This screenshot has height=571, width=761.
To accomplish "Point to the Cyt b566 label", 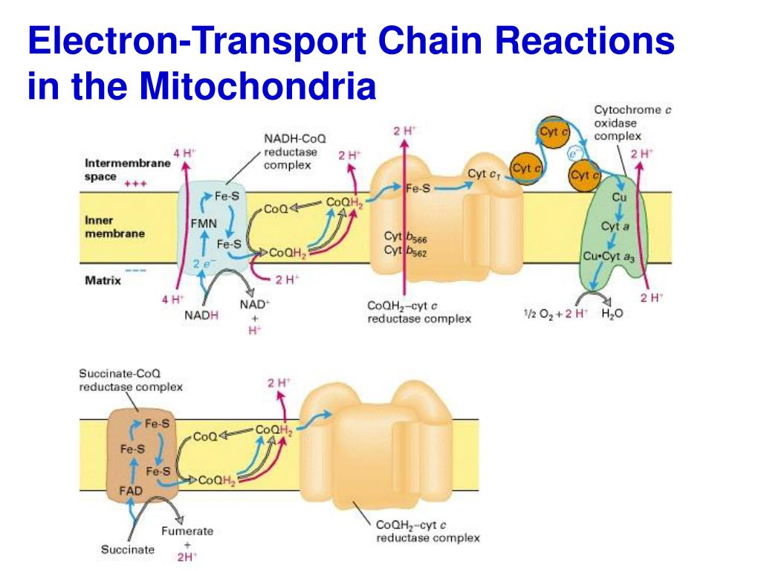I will tap(405, 238).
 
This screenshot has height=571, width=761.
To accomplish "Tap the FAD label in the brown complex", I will tap(131, 491).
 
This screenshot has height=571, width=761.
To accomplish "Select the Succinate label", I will tap(128, 549).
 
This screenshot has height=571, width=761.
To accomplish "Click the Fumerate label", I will tap(187, 531).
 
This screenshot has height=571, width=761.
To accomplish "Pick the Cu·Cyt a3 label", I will tap(608, 257).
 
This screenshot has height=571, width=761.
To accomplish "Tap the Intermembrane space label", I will tap(127, 170).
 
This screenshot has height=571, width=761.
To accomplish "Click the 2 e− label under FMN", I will tap(201, 263).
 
